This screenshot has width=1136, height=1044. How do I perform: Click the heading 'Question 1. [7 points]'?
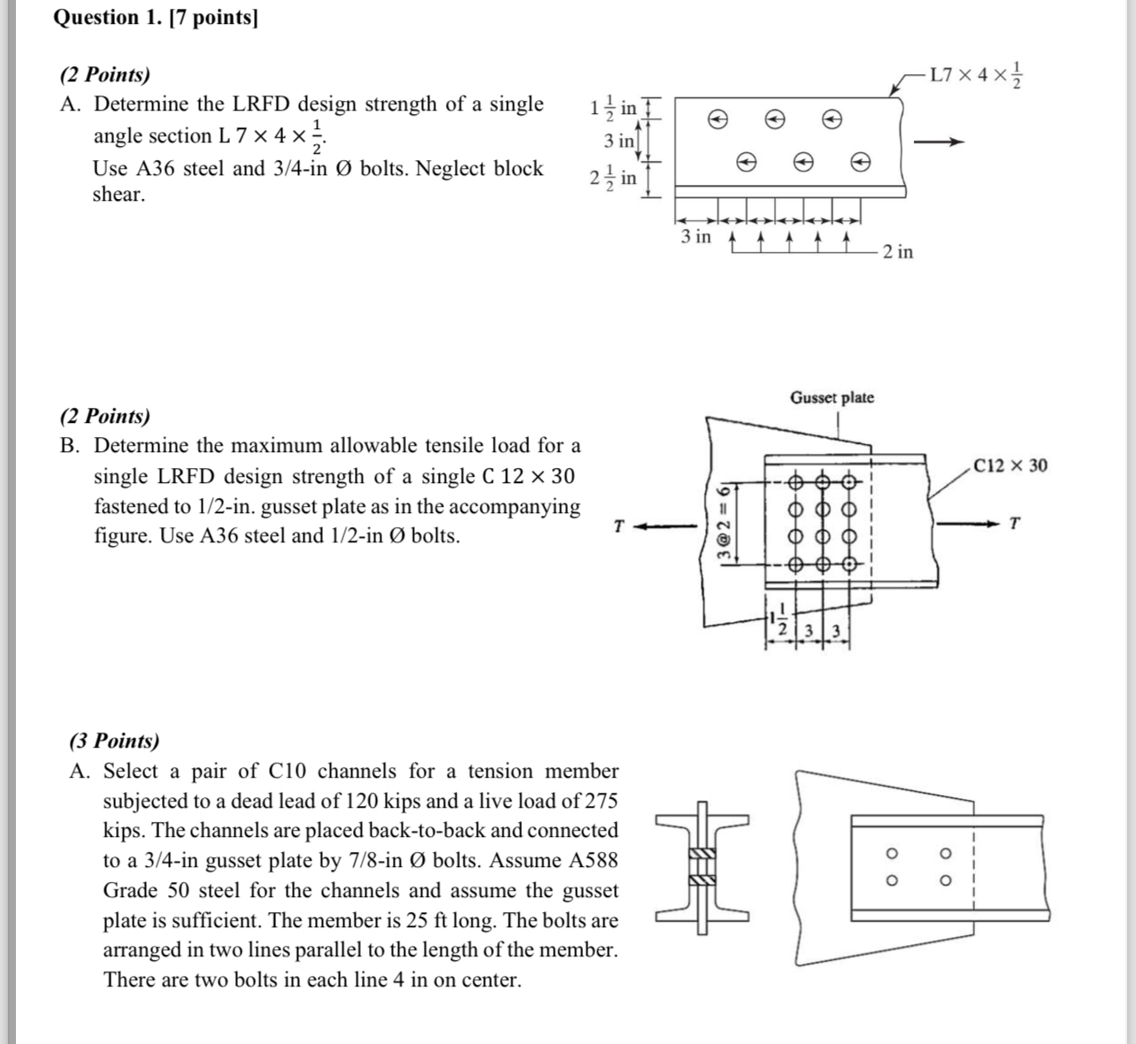coord(156,18)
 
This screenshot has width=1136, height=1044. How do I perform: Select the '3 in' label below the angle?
coord(695,236)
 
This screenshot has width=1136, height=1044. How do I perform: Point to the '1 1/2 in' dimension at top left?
coord(613,108)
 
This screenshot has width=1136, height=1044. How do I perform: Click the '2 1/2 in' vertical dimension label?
coord(613,177)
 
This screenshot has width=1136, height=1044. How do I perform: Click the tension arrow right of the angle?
coord(938,142)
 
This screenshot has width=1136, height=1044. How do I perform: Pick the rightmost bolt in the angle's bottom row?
coord(859,162)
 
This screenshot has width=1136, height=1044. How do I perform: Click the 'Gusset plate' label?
coord(832,397)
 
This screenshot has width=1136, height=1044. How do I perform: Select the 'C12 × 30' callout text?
coord(1010,465)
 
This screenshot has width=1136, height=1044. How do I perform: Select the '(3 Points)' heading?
coord(114,741)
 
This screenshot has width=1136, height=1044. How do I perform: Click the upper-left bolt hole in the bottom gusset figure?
coord(892,854)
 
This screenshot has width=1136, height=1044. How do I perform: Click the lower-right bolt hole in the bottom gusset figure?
coord(945,881)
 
